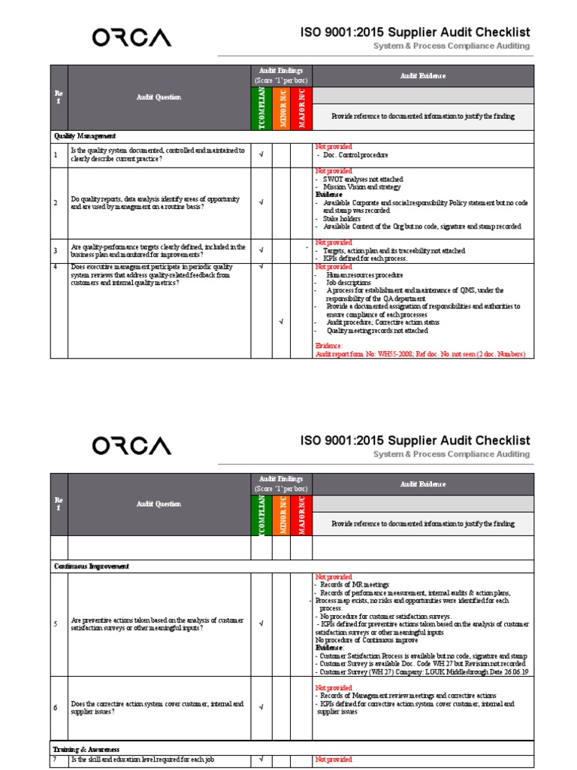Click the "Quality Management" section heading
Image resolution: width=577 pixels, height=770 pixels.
(x=84, y=136)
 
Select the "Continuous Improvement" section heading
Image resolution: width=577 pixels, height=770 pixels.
(x=92, y=566)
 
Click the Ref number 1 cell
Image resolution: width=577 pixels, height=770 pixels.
(x=56, y=155)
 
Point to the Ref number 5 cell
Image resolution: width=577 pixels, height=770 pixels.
(x=56, y=624)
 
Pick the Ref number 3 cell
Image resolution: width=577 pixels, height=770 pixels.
(x=56, y=251)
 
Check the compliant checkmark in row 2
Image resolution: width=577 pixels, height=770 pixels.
(x=261, y=202)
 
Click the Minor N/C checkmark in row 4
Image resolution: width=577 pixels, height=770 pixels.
(x=280, y=322)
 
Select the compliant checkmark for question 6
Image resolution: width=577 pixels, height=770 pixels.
(x=261, y=708)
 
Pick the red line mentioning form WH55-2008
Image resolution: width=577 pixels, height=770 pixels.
(x=420, y=353)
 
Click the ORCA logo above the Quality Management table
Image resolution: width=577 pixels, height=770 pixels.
(x=131, y=38)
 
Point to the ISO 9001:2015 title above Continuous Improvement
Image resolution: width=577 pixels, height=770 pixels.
(x=415, y=441)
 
